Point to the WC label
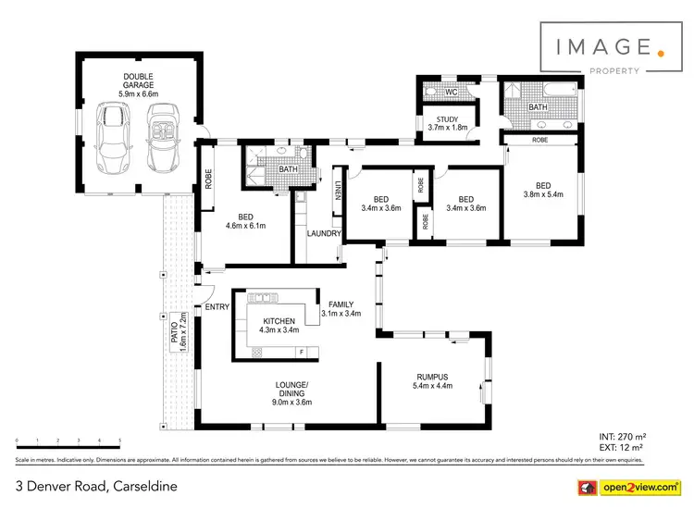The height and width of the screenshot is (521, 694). tap(451, 93)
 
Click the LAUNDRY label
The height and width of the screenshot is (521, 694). tap(325, 233)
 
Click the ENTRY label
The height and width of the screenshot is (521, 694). tap(217, 306)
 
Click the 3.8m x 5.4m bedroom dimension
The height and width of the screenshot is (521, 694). tap(543, 194)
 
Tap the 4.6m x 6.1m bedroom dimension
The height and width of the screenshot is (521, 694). tap(246, 225)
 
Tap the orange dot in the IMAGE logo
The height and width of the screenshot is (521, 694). tap(660, 53)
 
